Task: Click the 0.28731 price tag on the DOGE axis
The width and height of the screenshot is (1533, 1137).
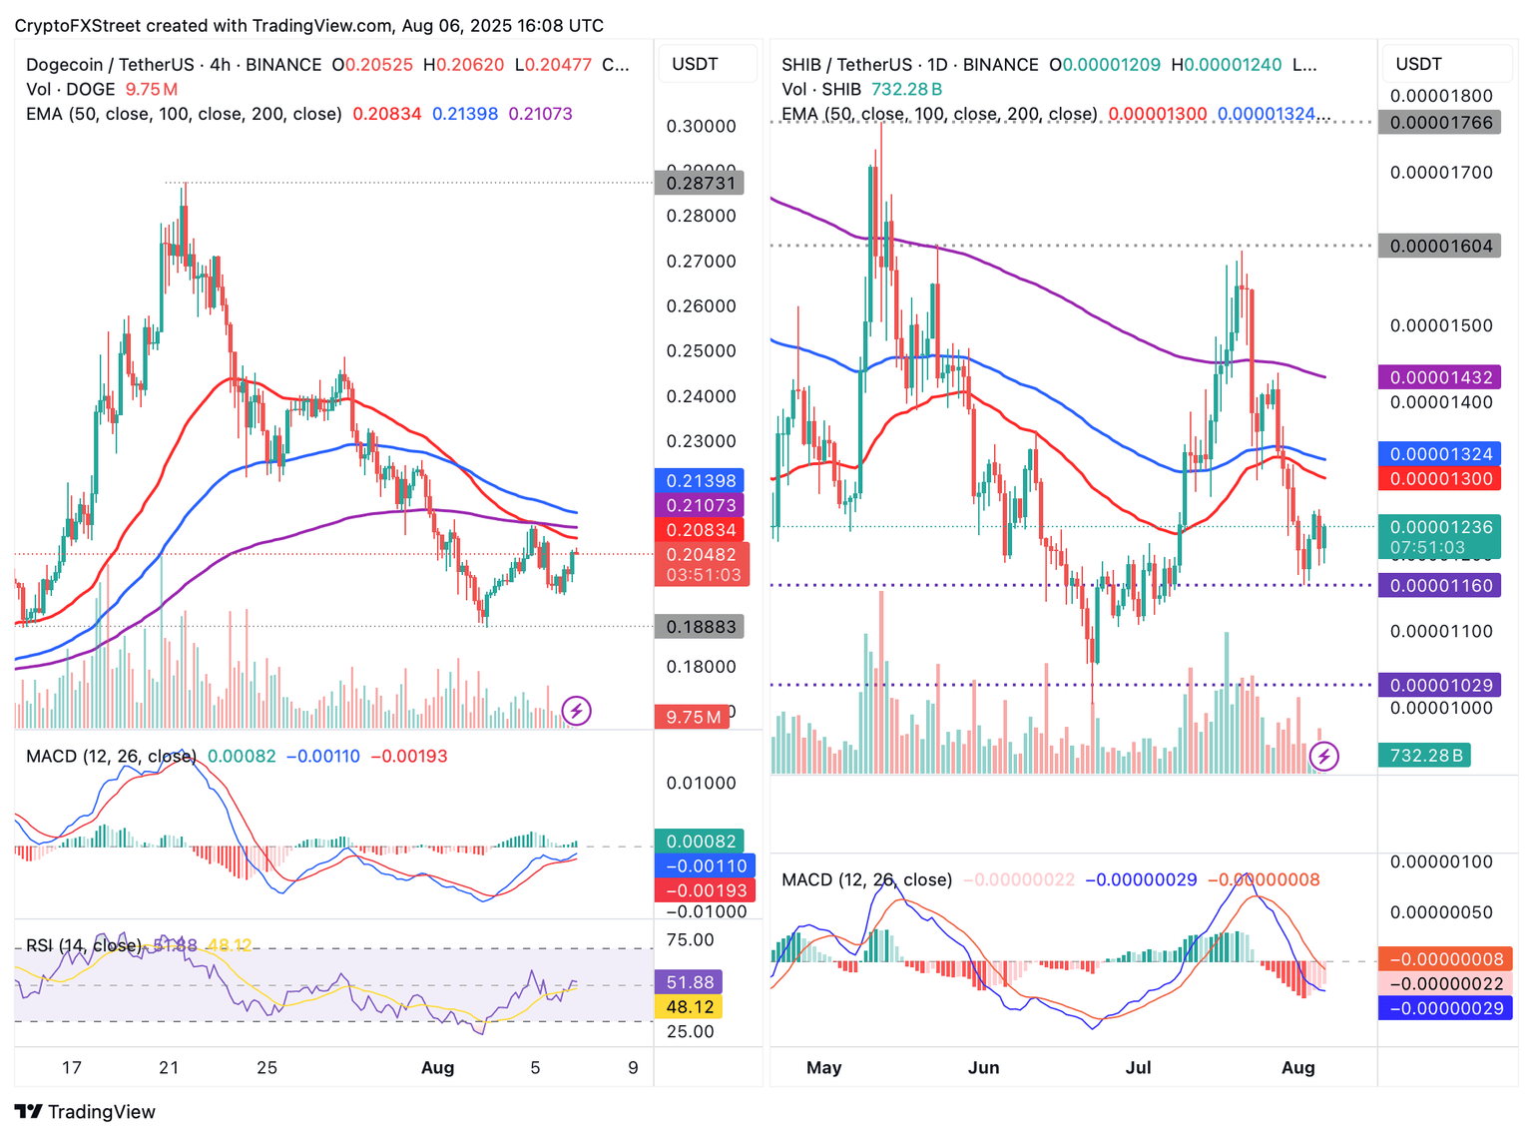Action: pos(700,183)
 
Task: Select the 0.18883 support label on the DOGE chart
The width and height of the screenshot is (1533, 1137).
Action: pos(700,627)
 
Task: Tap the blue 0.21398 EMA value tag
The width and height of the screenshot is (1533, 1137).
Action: pos(700,480)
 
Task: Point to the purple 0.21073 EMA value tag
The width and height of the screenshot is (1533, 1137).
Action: pos(700,505)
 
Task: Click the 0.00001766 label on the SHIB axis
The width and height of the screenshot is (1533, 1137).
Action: pos(1440,123)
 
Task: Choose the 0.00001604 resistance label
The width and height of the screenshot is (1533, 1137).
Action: pos(1440,246)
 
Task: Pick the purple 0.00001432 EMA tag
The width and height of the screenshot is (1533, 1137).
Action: pos(1440,377)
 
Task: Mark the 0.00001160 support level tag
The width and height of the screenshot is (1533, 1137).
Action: pos(1440,585)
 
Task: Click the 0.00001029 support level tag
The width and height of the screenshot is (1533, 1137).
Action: pos(1440,685)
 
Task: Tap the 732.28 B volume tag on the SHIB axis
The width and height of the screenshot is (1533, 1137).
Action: pos(1426,756)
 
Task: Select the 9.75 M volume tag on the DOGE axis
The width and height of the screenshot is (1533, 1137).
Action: pos(692,717)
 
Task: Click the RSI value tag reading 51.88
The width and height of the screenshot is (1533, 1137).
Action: pos(689,982)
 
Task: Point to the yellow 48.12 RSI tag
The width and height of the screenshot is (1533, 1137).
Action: pos(689,1007)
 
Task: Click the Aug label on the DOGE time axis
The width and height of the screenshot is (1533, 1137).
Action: pos(437,1067)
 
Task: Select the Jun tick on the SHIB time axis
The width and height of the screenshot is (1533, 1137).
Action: pos(983,1067)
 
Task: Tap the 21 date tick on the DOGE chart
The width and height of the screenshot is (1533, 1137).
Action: pos(169,1067)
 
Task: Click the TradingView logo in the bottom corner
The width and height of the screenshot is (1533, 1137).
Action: pos(85,1111)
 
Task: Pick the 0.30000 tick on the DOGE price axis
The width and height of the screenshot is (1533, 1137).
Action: pos(701,126)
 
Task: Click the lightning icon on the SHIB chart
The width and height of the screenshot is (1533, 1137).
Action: pos(1323,757)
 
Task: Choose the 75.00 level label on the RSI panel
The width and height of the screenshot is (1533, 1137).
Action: pos(691,939)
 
